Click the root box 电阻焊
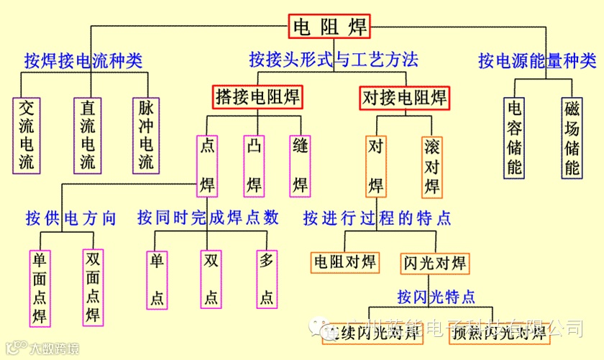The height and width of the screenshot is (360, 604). click(330, 27)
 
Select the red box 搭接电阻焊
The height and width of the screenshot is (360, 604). click(257, 96)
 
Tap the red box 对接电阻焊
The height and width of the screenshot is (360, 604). click(403, 97)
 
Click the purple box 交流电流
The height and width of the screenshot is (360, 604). click(27, 134)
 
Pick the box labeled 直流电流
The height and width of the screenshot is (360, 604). click(87, 134)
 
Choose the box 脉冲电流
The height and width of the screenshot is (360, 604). click(146, 134)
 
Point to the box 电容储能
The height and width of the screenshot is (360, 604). click(515, 137)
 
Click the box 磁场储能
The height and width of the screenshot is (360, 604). click(572, 137)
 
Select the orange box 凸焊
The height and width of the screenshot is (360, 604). click(254, 166)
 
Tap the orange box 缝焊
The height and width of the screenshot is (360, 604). click(301, 166)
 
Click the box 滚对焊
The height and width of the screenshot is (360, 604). click(432, 166)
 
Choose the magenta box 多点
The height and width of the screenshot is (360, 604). click(267, 279)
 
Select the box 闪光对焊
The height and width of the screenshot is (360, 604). click(434, 262)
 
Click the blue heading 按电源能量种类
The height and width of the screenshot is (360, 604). click(537, 60)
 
